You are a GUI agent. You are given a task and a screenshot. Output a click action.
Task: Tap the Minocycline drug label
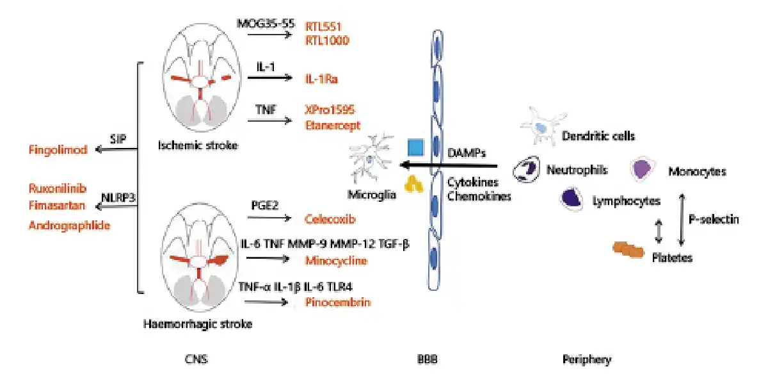[x=336, y=260]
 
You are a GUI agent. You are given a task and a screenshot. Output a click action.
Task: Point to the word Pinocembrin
[x=337, y=302]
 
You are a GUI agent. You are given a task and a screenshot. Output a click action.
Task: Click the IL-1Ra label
[x=321, y=79]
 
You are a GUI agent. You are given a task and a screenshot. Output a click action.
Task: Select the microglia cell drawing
[x=369, y=160]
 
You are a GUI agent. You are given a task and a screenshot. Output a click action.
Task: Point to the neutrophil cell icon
[x=529, y=168]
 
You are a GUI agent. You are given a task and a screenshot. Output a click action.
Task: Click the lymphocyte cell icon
[x=572, y=199]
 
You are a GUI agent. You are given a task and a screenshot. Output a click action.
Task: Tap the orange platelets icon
[x=628, y=249]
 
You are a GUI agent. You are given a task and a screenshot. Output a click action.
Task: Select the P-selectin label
[x=714, y=219]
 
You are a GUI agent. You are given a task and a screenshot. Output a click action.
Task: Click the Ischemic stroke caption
[x=198, y=145]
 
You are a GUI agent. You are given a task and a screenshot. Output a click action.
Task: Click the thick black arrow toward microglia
[x=454, y=165]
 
